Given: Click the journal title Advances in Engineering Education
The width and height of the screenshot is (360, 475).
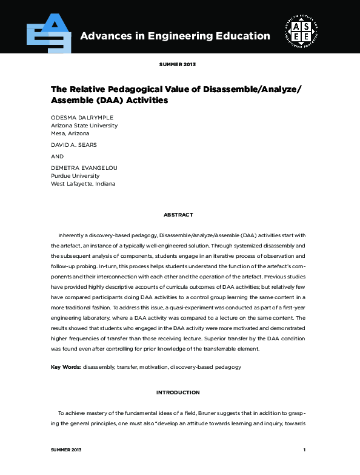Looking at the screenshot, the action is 175,36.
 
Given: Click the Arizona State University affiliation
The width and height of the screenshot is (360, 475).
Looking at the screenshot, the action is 84,125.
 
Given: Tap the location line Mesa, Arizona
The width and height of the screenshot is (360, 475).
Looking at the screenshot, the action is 70,133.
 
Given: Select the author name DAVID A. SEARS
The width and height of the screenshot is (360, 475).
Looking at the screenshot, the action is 73,145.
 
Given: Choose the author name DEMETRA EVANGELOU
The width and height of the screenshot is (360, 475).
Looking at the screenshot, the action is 83,167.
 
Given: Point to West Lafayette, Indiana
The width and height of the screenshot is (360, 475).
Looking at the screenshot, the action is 83,183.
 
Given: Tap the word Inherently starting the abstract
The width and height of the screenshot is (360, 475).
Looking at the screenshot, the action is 72,235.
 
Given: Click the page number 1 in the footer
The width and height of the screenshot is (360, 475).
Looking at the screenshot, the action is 305,450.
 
